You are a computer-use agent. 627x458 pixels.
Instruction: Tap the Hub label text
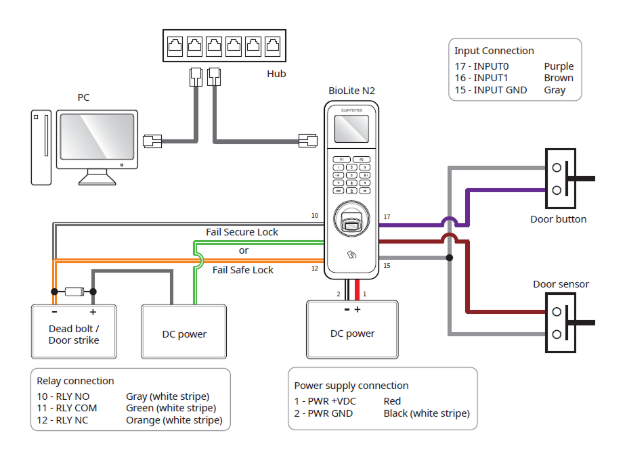276,74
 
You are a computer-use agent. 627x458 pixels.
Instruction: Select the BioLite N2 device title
351,91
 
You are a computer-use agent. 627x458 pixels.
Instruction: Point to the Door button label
559,219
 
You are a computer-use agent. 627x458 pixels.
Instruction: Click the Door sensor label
561,284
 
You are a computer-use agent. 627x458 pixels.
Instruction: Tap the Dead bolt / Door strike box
74,335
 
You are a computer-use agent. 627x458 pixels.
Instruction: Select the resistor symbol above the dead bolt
73,292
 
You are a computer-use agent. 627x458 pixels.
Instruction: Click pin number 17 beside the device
387,217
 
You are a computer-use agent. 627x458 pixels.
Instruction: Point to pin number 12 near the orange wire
314,269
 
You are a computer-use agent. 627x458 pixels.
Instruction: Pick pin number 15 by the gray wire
387,266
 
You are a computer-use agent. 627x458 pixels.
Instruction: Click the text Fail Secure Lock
242,232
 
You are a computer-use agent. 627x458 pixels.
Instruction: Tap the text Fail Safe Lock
243,270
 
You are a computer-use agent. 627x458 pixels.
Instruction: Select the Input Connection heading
494,51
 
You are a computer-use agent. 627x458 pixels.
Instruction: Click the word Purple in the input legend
559,66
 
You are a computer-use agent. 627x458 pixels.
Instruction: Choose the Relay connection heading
75,381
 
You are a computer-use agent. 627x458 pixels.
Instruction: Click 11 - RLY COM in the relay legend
67,408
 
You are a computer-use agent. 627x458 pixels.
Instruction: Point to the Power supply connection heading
351,386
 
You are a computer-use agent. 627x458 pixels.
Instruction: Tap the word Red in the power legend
392,401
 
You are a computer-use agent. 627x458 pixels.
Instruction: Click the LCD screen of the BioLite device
352,129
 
